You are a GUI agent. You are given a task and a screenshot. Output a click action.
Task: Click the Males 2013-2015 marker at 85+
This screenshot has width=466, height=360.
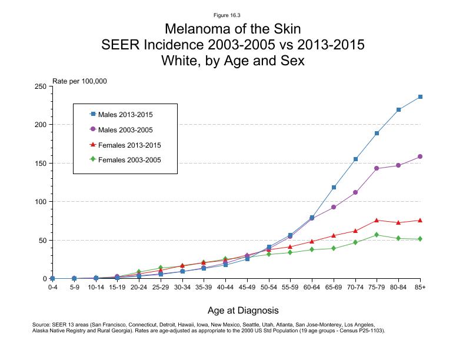pos(420,96)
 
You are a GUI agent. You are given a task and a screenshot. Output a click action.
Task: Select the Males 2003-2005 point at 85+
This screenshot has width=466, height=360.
pos(420,156)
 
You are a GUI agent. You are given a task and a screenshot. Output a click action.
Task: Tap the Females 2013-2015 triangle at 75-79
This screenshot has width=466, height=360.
pos(377,220)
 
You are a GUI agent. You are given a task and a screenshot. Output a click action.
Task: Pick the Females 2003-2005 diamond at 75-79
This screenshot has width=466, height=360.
pos(377,235)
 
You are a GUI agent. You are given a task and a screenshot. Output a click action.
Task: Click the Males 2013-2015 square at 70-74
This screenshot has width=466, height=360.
pos(355,159)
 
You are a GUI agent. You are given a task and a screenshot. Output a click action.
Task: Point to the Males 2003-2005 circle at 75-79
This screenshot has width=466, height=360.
pos(377,168)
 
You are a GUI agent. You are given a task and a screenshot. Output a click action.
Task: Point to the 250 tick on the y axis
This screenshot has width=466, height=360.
pos(41,86)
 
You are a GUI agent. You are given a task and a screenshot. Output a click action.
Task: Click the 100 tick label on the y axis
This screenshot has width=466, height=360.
pos(41,202)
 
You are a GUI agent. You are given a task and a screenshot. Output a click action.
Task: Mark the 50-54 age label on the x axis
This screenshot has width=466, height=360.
pos(269,287)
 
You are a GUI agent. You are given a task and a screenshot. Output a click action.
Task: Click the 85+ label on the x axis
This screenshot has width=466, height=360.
pos(420,287)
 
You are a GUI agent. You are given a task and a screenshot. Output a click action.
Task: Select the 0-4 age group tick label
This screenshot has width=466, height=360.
pos(52,287)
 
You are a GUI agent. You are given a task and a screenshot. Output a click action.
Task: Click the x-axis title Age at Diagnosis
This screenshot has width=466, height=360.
pos(243,309)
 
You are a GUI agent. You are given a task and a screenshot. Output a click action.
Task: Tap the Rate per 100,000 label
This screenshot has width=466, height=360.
pos(79,81)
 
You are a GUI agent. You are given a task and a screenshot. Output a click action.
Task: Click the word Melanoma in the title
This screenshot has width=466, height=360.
pos(194,29)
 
